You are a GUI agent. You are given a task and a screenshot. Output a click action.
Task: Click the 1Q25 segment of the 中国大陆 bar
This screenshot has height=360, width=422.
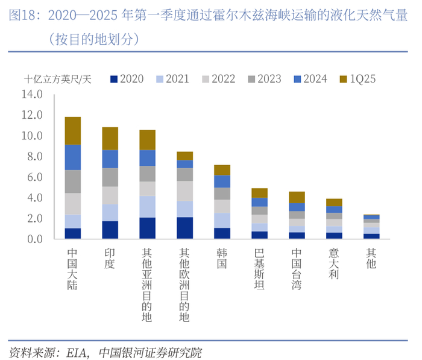tap(73, 130)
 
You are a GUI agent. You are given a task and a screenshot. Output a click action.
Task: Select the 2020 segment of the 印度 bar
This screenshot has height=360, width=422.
tap(110, 230)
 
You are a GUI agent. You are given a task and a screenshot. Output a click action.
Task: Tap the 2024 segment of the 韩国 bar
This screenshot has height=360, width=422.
tap(222, 181)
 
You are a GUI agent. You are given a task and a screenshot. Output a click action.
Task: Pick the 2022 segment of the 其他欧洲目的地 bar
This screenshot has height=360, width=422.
tap(185, 191)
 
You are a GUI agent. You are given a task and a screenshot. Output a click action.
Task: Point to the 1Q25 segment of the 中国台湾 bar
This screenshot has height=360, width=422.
tap(297, 197)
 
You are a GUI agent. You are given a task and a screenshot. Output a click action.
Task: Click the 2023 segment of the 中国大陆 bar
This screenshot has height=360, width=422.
tap(73, 182)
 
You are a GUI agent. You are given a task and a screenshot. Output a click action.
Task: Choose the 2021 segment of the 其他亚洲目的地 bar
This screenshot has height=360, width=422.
tap(148, 207)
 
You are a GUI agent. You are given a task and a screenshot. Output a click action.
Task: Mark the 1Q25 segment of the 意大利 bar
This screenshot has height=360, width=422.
tap(334, 202)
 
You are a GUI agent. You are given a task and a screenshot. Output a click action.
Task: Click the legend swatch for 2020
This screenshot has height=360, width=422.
tap(115, 79)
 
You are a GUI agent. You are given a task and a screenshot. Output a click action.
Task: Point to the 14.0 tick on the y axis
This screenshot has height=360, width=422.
tap(31, 94)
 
